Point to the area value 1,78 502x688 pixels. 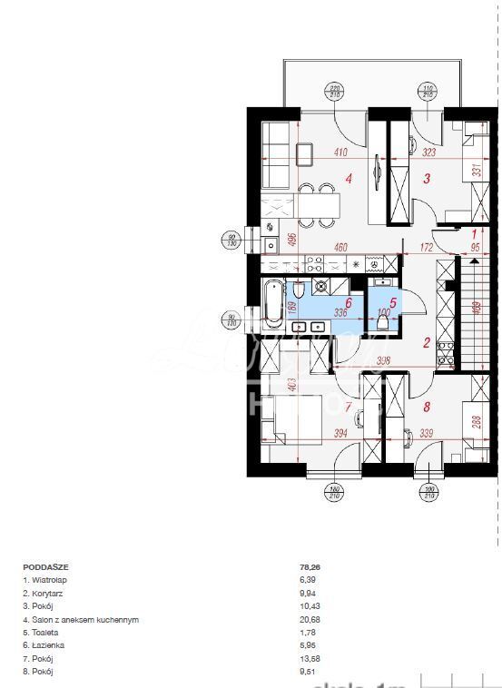click(x=308, y=632)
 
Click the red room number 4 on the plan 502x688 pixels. click(x=349, y=178)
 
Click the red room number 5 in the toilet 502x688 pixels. click(x=393, y=303)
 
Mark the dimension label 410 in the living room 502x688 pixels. click(x=340, y=153)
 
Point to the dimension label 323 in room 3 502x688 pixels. click(x=428, y=153)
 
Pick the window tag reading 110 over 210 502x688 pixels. click(x=428, y=91)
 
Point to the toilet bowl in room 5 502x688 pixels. click(x=384, y=322)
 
